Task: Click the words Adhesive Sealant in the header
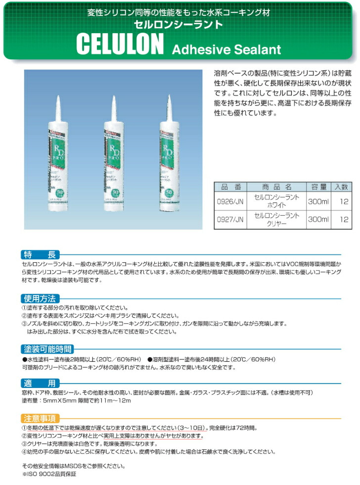[226, 49]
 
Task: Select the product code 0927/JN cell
[230, 218]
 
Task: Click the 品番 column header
[230, 187]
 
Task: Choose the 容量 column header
[317, 187]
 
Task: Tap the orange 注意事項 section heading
[41, 417]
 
